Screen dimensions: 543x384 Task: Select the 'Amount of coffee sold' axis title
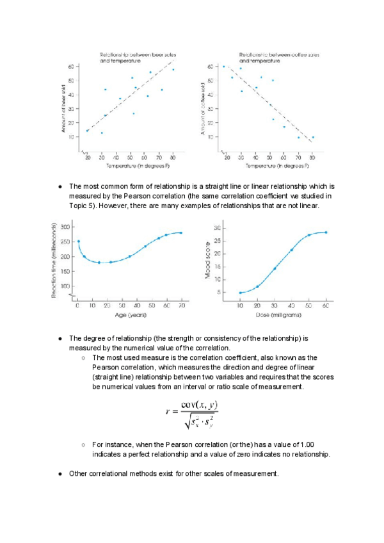pyautogui.click(x=203, y=108)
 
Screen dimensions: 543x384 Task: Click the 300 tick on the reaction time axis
pyautogui.click(x=65, y=227)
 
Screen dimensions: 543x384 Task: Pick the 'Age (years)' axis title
pyautogui.click(x=130, y=315)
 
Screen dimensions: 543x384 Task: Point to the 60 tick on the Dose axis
pyautogui.click(x=325, y=307)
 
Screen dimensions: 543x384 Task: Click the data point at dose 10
pyautogui.click(x=240, y=293)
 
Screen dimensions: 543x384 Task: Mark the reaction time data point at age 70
pyautogui.click(x=181, y=232)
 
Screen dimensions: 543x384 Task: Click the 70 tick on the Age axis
pyautogui.click(x=181, y=307)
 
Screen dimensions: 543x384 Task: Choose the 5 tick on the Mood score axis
pyautogui.click(x=218, y=293)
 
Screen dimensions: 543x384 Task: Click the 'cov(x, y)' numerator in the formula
pyautogui.click(x=200, y=405)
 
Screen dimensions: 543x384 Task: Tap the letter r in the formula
pyautogui.click(x=168, y=413)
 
